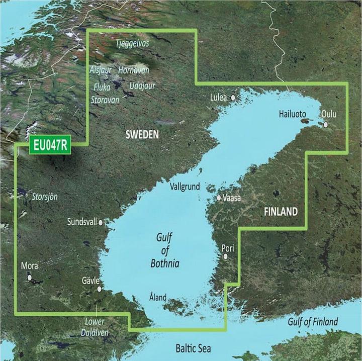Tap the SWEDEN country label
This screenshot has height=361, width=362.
[x=142, y=135]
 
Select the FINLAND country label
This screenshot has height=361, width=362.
[x=281, y=212]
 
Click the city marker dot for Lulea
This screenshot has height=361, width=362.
[x=233, y=98]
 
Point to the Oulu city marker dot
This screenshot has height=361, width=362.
[x=326, y=125]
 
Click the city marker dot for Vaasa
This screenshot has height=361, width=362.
[x=219, y=198]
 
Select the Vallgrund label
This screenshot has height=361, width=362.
[x=185, y=187]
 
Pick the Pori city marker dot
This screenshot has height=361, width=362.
[x=226, y=256]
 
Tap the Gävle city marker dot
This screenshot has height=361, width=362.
[x=100, y=289]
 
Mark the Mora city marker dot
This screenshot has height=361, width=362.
[x=30, y=277]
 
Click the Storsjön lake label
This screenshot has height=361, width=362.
[x=45, y=196]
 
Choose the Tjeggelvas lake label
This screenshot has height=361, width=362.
[x=132, y=44]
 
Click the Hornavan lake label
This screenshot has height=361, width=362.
[x=134, y=71]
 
